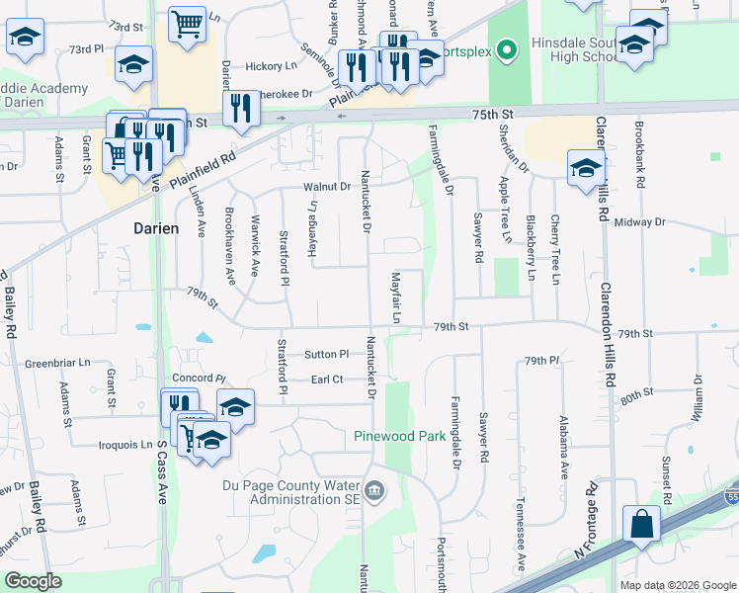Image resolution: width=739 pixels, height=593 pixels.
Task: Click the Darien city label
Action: [156, 228]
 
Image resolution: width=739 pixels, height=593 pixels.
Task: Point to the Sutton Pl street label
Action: [327, 354]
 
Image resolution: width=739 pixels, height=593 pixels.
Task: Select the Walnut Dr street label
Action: [328, 186]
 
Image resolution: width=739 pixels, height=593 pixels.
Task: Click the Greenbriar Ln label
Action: [57, 363]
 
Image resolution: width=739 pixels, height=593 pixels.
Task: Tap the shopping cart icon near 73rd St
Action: [187, 23]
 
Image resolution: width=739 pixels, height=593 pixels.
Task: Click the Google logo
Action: [33, 582]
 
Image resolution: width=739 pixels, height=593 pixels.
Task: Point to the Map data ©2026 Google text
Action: [677, 585]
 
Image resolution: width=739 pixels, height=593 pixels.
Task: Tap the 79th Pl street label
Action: [542, 360]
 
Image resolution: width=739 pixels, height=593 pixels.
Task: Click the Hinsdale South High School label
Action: [568, 50]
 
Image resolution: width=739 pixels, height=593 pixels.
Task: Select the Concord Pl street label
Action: [200, 379]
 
